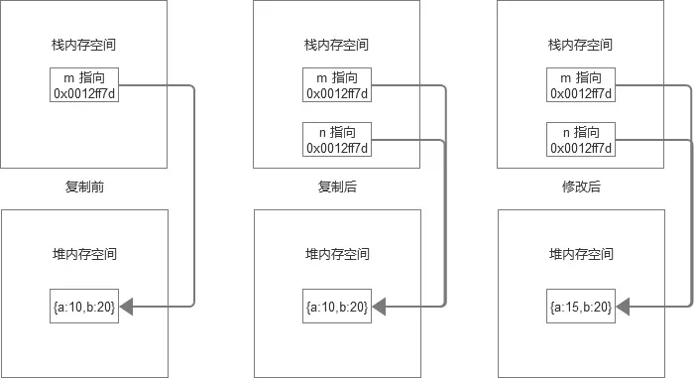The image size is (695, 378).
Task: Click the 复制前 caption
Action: pos(84,187)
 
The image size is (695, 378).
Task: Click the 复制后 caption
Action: pos(337,187)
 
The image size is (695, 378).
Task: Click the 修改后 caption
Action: pos(580,187)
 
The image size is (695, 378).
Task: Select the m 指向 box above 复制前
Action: pos(84,85)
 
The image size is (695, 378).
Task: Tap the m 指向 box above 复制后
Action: pos(337,85)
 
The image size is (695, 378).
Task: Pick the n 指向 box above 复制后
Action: pos(337,139)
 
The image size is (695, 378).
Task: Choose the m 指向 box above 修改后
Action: pos(580,85)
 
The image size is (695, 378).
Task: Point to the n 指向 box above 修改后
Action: pos(580,139)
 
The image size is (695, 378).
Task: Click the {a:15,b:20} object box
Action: pos(580,308)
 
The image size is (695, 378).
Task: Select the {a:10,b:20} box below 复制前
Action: pos(84,308)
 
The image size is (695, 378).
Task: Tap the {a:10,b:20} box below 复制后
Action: pos(337,308)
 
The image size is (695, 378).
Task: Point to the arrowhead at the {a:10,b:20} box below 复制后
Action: pos(381,308)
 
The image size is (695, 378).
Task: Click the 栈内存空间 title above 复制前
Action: pos(84,45)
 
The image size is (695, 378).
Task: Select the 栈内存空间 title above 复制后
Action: pos(337,45)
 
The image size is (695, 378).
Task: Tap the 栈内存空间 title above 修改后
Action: pos(580,45)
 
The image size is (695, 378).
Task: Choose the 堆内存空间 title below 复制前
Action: pos(84,254)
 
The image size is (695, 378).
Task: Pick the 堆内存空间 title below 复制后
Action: pos(337,254)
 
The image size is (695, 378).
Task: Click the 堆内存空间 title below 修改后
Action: pos(580,254)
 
